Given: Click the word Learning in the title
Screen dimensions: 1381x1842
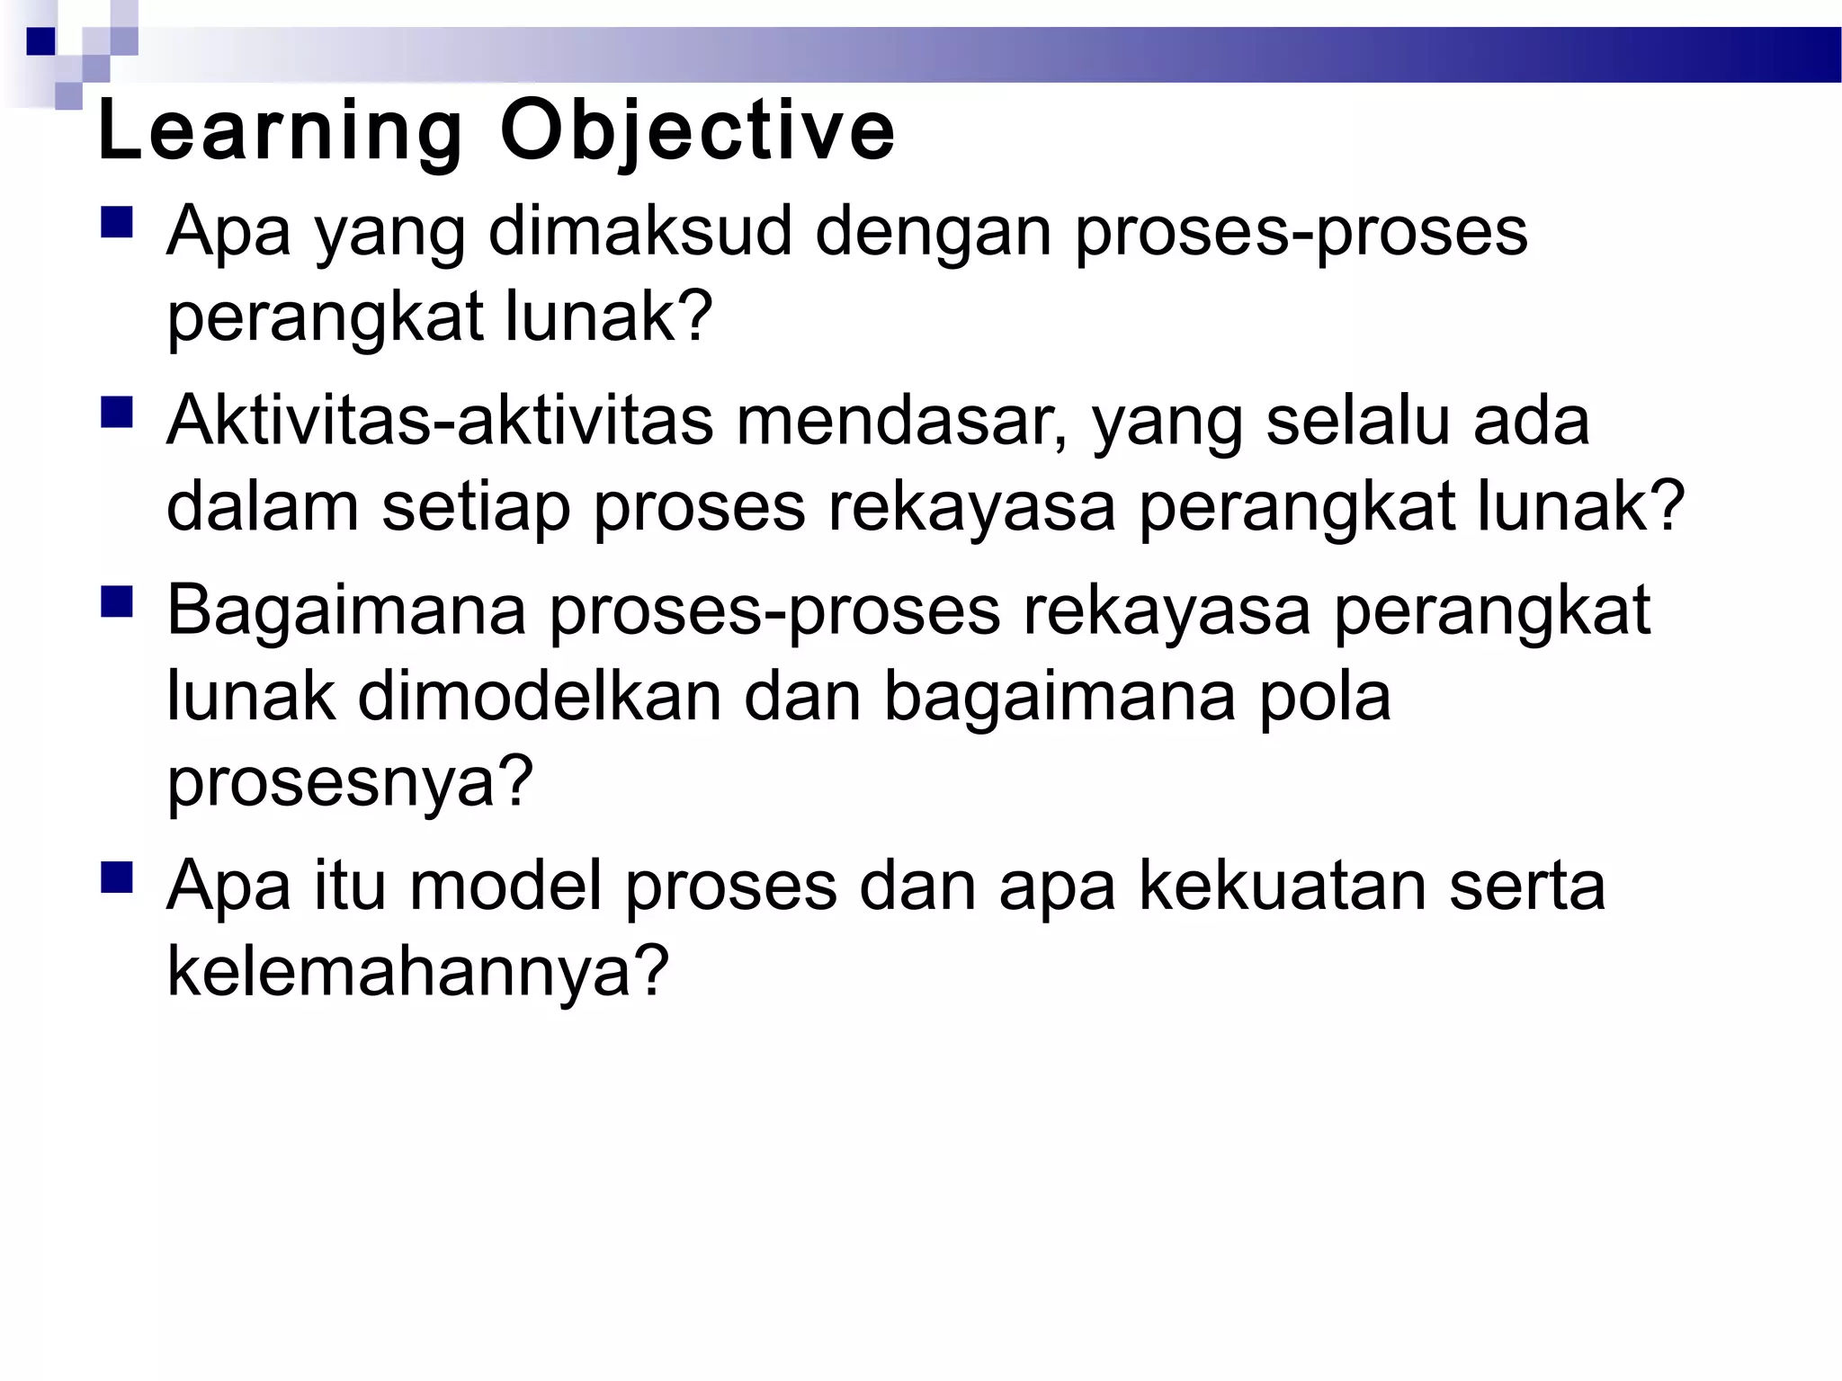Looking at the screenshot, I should pyautogui.click(x=280, y=133).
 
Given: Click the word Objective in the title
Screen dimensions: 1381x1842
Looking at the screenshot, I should pyautogui.click(x=698, y=133).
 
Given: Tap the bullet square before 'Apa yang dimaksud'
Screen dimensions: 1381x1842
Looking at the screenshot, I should pyautogui.click(x=117, y=222).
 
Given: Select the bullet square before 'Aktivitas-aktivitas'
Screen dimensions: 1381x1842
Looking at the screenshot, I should pyautogui.click(x=117, y=413).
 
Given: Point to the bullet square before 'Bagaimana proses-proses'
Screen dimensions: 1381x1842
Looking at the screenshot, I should pyautogui.click(x=117, y=601).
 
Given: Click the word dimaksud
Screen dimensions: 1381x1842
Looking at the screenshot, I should pyautogui.click(x=639, y=231).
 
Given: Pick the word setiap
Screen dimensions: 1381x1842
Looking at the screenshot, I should pyautogui.click(x=477, y=508).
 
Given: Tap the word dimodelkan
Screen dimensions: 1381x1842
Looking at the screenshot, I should pyautogui.click(x=539, y=697).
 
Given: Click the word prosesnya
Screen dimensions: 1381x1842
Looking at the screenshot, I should pyautogui.click(x=350, y=782).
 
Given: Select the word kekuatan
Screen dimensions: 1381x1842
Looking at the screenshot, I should pyautogui.click(x=1283, y=887).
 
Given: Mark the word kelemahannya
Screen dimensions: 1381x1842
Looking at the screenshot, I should pyautogui.click(x=418, y=972).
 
